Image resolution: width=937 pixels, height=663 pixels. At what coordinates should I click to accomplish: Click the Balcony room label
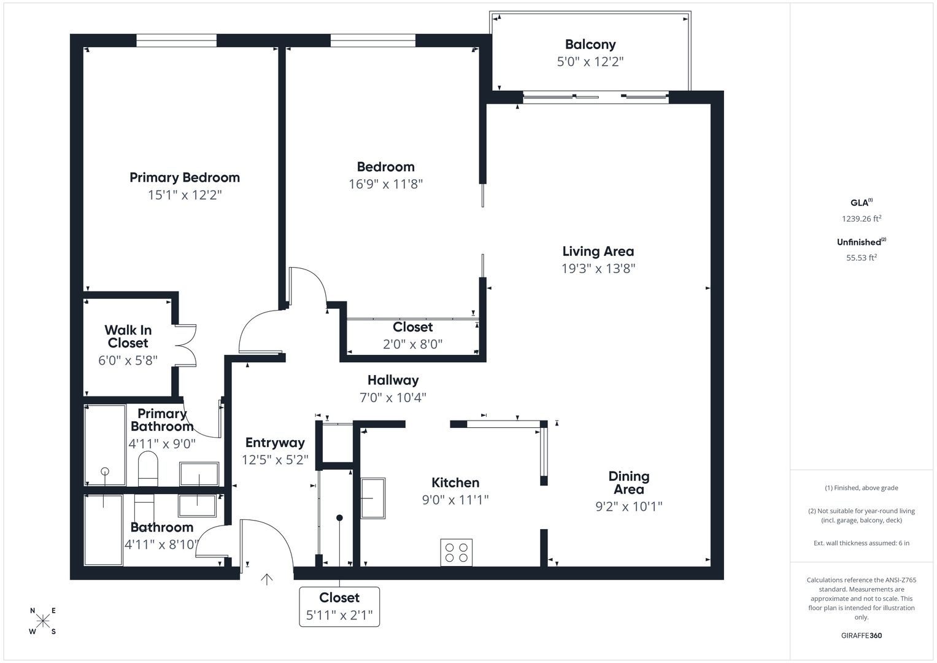coord(590,44)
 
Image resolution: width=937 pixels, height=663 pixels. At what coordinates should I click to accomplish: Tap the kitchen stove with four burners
coord(457,552)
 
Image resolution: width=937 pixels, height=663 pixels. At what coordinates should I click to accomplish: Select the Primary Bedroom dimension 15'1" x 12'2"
coord(185,195)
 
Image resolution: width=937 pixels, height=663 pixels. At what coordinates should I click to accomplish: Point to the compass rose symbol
coord(43,621)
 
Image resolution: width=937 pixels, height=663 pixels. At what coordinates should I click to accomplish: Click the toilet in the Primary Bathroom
coord(148,468)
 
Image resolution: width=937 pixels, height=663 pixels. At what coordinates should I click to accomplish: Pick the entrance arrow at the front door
coord(267,579)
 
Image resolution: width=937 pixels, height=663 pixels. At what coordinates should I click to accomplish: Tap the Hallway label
coord(393,380)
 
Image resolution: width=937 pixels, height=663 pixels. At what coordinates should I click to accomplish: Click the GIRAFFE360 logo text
coord(862,635)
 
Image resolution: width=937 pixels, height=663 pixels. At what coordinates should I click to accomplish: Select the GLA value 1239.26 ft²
coord(862,219)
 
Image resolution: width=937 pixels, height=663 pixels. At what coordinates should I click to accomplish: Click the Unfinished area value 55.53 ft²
coord(862,258)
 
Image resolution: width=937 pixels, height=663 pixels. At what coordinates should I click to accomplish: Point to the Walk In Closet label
coord(128,336)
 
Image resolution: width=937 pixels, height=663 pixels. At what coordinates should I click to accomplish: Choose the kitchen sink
coord(372,498)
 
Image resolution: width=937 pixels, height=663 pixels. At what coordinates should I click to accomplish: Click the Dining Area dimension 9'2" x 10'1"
coord(629,507)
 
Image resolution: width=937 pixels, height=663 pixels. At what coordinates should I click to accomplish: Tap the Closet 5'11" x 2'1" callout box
coord(339,607)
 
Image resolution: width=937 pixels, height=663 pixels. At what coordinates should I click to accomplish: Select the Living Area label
coord(598,251)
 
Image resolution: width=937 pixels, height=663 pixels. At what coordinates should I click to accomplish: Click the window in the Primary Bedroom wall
coord(177,41)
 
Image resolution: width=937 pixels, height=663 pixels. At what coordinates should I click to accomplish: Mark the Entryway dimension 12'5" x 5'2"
coord(275,460)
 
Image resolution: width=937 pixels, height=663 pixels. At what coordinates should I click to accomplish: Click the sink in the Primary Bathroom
coord(199,474)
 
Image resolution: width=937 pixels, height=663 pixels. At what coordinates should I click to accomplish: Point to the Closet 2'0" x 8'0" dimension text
coord(412,344)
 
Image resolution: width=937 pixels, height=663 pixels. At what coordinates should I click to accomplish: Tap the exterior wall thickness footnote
coord(862,543)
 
